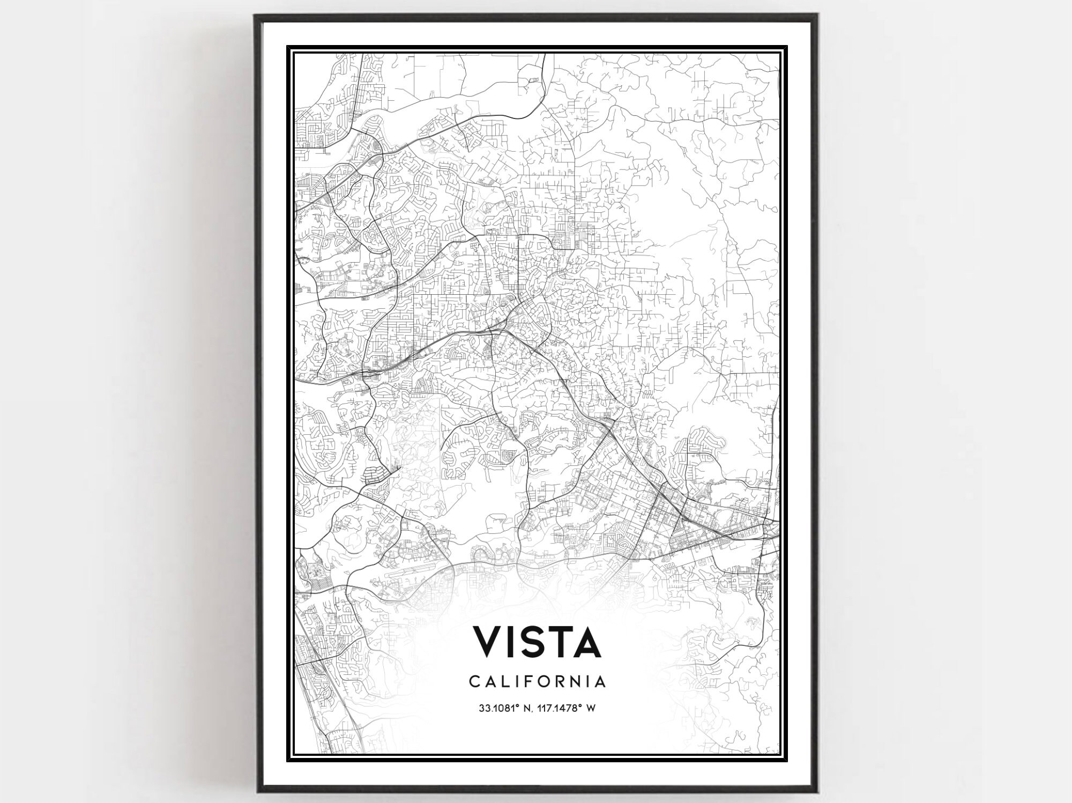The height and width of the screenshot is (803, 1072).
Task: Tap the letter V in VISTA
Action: pos(488,642)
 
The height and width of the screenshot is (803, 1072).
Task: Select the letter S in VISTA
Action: pos(537,642)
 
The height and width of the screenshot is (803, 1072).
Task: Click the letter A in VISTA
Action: pos(589,642)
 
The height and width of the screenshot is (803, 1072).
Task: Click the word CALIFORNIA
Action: pos(538,681)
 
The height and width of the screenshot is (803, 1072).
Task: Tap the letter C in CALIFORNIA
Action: pos(474,681)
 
